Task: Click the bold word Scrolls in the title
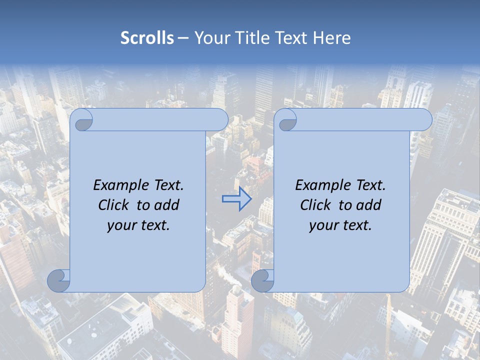click(147, 38)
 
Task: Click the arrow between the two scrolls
click(236, 199)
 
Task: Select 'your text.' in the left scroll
click(138, 225)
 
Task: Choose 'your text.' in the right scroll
click(340, 225)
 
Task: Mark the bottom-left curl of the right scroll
click(262, 280)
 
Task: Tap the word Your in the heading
click(210, 38)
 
